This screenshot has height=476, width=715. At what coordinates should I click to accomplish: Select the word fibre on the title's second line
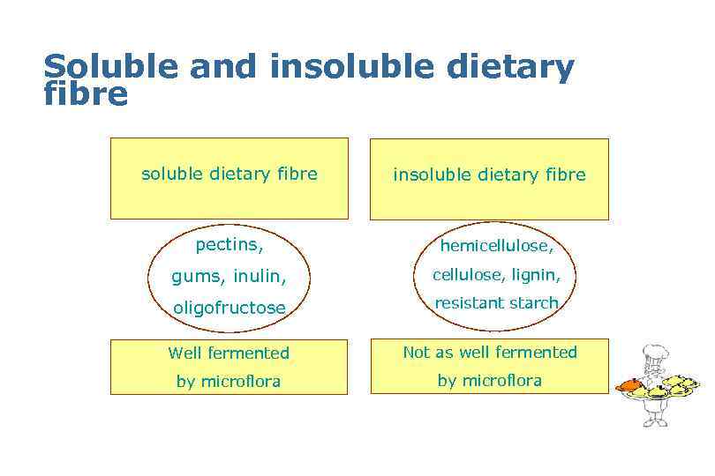86,94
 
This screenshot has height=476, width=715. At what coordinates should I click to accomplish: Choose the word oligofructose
230,308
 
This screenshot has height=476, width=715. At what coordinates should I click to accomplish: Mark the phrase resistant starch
496,303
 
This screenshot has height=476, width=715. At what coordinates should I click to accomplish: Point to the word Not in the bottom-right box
417,353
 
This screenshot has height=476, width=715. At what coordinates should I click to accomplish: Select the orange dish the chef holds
628,385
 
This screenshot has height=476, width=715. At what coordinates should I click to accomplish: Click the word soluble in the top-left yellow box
172,175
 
